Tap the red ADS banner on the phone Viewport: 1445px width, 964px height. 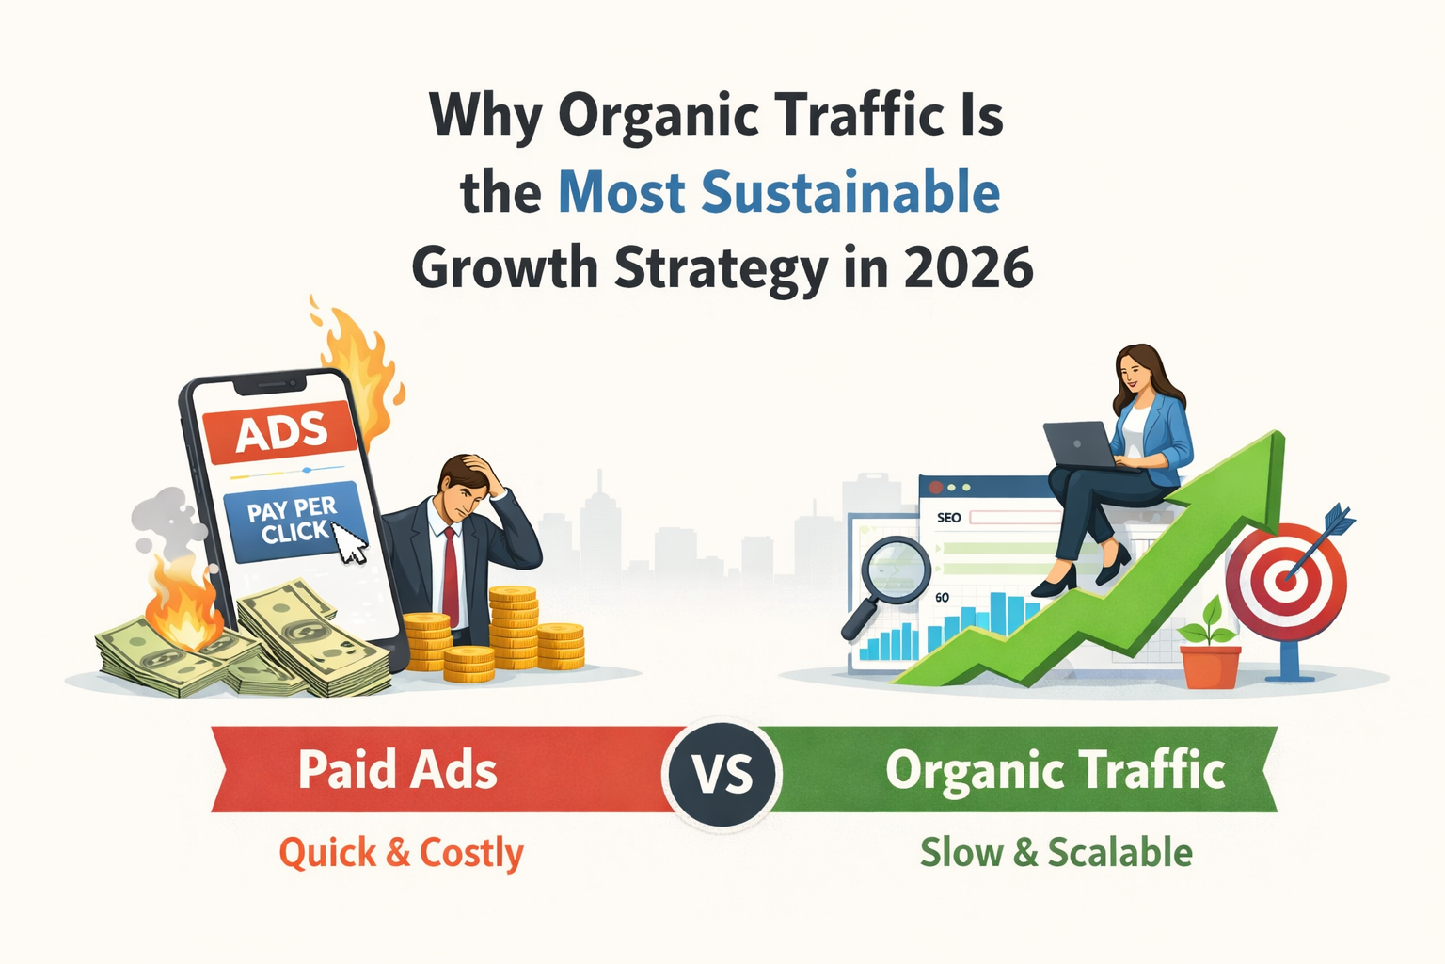(280, 434)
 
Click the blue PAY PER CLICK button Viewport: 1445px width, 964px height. (291, 522)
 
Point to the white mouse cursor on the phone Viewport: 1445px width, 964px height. (349, 543)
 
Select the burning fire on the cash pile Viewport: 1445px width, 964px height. (183, 607)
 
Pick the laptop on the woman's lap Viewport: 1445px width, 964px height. (1080, 445)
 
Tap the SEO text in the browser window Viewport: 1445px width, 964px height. (948, 518)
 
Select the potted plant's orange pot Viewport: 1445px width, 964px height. (1210, 666)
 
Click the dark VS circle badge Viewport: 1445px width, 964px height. (722, 774)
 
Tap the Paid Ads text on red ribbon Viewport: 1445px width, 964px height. (397, 770)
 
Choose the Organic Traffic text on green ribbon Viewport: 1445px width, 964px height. (1055, 770)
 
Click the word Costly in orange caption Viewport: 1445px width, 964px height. (470, 853)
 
